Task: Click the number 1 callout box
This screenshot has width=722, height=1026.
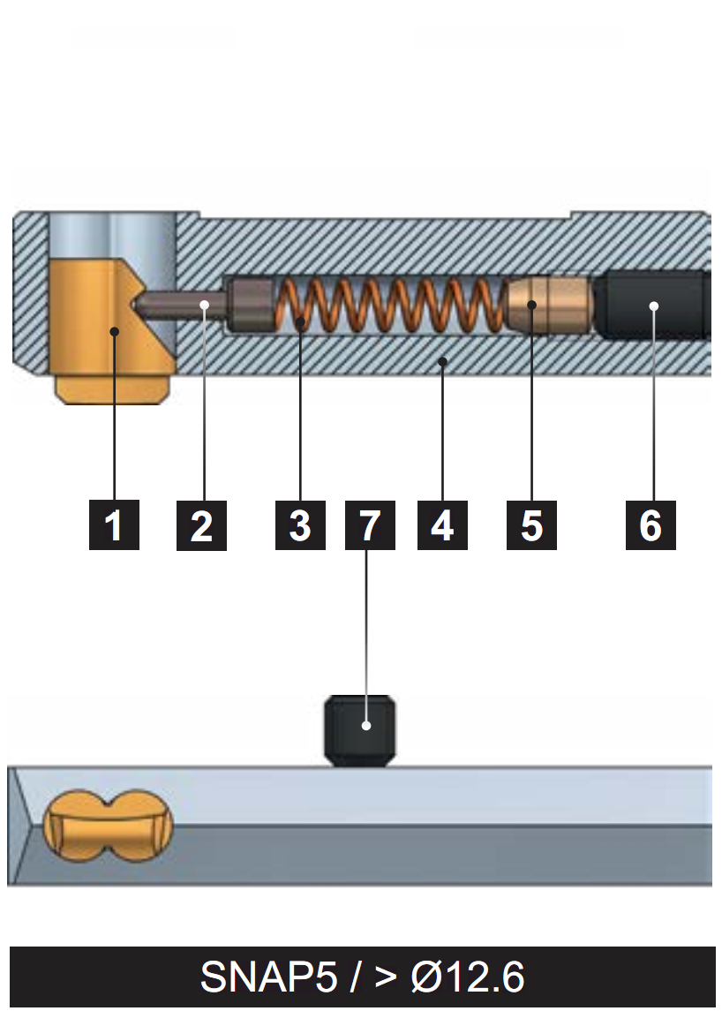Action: coord(114,524)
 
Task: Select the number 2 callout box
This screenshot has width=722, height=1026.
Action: coord(201,524)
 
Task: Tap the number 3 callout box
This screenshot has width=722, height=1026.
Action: coord(300,524)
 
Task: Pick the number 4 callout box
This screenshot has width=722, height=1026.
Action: coord(442,524)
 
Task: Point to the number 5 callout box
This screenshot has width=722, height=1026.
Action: coord(531,524)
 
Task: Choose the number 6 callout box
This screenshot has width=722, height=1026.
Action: coord(651,524)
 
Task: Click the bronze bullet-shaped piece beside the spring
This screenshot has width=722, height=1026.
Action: coord(547,305)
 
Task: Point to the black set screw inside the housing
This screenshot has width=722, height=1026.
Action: coord(653,306)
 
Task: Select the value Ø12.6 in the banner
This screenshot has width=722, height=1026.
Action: coord(468,977)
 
